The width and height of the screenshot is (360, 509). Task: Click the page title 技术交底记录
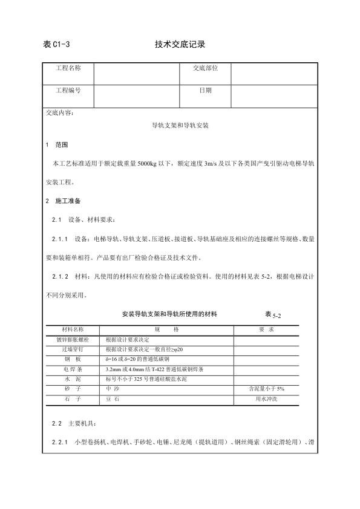pos(180,45)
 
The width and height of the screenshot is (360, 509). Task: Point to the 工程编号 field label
pos(68,90)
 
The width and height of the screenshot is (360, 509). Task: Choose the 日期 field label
pos(205,90)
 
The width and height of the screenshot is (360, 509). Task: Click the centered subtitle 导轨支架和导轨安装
pos(180,128)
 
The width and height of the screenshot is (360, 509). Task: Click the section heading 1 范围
pos(57,146)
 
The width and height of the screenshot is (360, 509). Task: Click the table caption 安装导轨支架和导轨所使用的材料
pos(169,315)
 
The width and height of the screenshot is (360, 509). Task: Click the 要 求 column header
pos(267,329)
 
